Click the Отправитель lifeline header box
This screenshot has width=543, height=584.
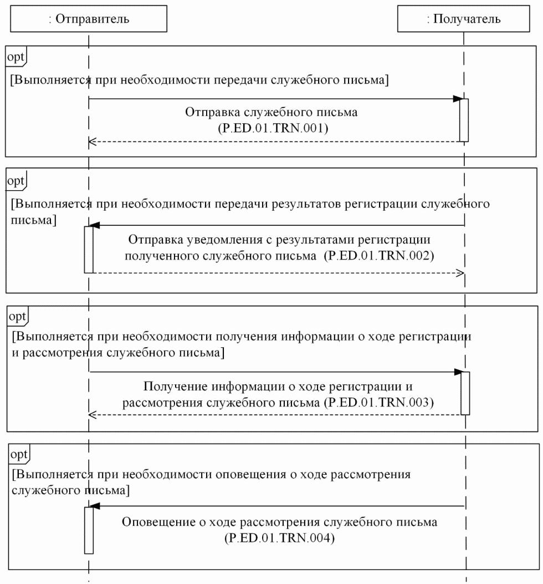coord(89,19)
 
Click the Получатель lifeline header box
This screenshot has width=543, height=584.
coord(464,19)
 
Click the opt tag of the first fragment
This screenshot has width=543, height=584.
coord(16,55)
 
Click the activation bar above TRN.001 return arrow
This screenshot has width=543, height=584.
coord(464,120)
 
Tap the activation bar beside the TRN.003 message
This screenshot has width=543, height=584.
coord(465,393)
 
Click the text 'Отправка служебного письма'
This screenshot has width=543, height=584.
coord(271,112)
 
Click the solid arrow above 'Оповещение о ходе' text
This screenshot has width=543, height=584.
coord(277,506)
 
